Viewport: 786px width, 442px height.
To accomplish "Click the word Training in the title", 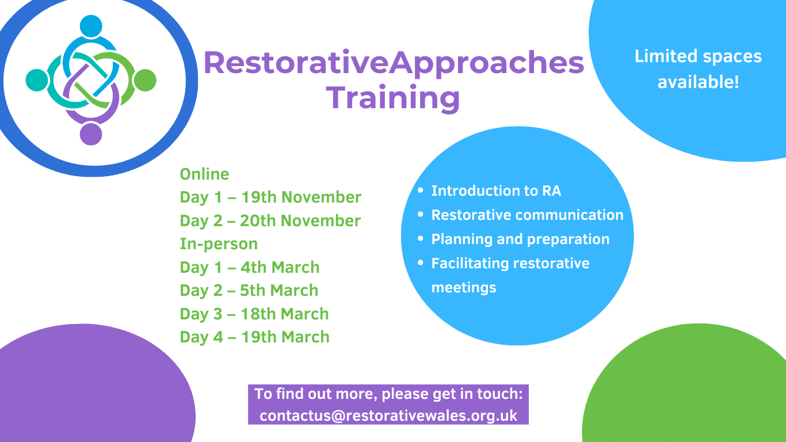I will (395, 97).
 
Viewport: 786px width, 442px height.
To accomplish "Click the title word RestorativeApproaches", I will (394, 62).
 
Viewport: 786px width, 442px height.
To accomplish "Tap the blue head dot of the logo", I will (91, 26).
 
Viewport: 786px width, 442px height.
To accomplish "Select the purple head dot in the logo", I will (91, 134).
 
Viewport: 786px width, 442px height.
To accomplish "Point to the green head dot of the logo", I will (146, 80).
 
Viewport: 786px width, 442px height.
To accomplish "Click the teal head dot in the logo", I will (36, 80).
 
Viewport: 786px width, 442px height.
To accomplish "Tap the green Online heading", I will (204, 174).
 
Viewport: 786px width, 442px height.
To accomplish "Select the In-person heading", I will (219, 243).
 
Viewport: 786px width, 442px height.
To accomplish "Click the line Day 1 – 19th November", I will (270, 197).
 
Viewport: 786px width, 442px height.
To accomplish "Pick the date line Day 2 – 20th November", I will (270, 220).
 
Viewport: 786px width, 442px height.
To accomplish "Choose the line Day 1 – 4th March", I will (249, 267).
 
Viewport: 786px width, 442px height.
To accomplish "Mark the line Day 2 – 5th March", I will (249, 290).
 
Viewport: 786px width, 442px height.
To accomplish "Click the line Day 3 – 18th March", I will (254, 314).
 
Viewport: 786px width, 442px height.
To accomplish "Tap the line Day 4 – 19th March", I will (254, 337).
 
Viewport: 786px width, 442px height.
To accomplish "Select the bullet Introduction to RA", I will (495, 190).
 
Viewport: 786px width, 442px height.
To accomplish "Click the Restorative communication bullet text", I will (527, 215).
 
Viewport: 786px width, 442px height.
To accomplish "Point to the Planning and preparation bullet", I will (520, 239).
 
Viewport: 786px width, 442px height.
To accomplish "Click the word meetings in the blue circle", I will (463, 287).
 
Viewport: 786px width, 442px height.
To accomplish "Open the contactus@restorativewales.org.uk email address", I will (388, 415).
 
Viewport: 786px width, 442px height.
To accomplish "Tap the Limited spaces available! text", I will (698, 68).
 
